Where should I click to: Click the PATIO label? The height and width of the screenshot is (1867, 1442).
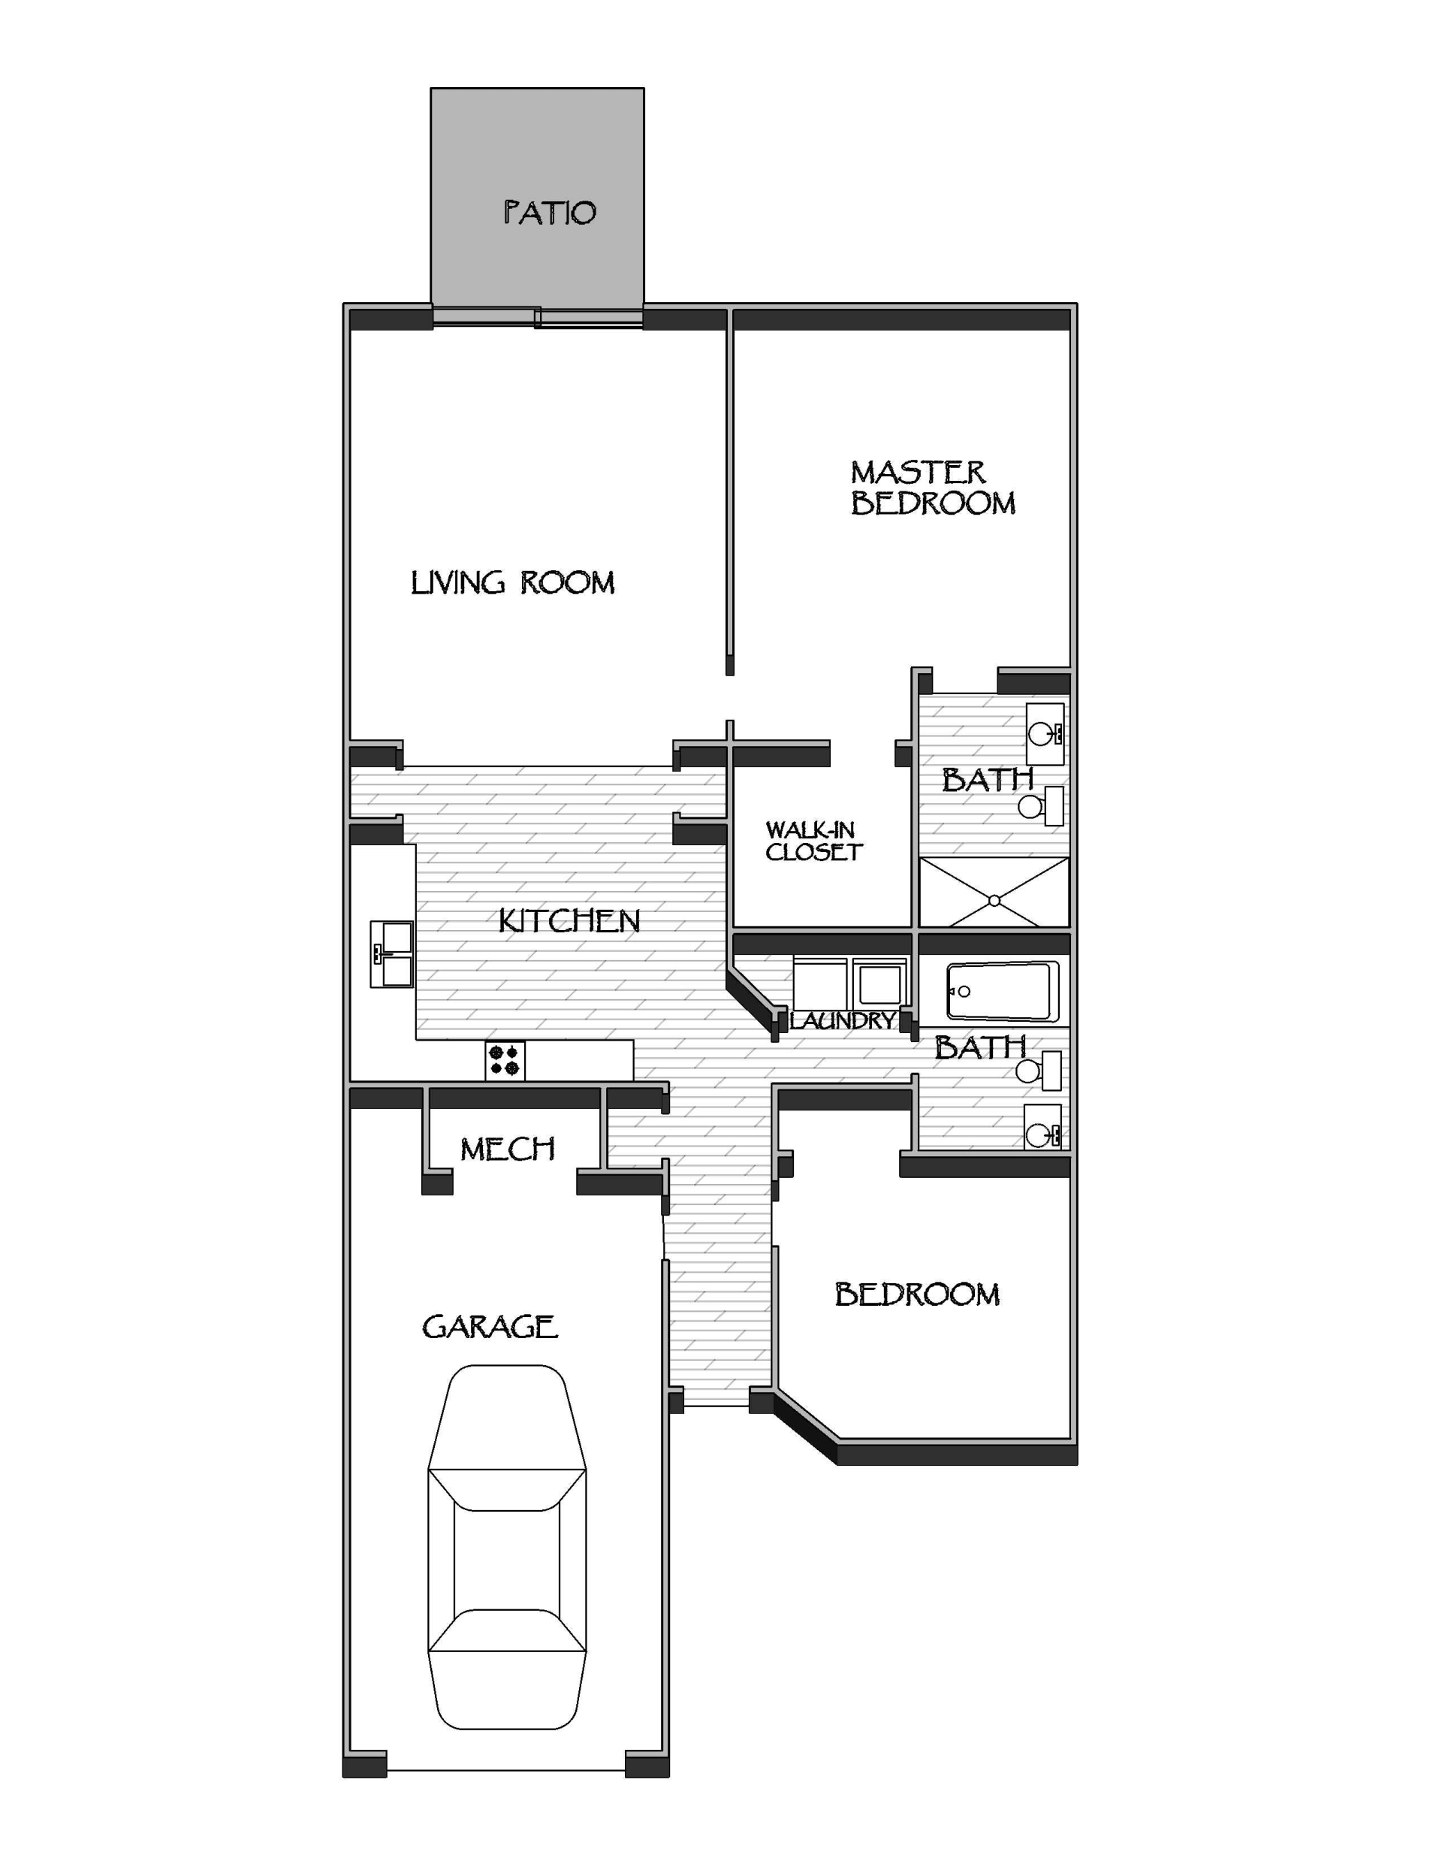[549, 213]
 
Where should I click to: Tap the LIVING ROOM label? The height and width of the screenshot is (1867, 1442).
[512, 583]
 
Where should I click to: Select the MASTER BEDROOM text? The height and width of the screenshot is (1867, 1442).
[932, 488]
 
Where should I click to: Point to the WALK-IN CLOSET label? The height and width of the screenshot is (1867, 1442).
[813, 841]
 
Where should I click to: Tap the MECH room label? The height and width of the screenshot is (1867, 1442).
[508, 1149]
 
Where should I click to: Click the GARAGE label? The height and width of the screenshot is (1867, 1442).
[490, 1327]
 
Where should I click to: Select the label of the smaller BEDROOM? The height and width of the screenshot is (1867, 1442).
[916, 1295]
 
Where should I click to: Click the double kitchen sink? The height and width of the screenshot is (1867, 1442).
[391, 954]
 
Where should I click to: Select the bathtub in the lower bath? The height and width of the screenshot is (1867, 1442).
[1003, 992]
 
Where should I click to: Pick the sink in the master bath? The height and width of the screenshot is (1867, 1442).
[1045, 734]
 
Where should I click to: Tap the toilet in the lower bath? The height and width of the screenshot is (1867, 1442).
[1039, 1071]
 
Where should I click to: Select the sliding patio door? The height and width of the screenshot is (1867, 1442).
[538, 318]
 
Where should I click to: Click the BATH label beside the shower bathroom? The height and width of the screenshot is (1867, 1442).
[988, 780]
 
